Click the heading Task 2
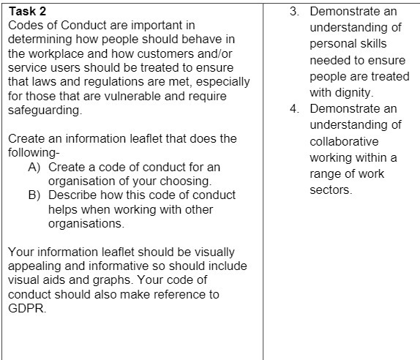(x=26, y=11)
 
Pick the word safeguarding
(x=42, y=110)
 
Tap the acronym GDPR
(x=25, y=307)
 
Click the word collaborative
(x=344, y=142)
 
